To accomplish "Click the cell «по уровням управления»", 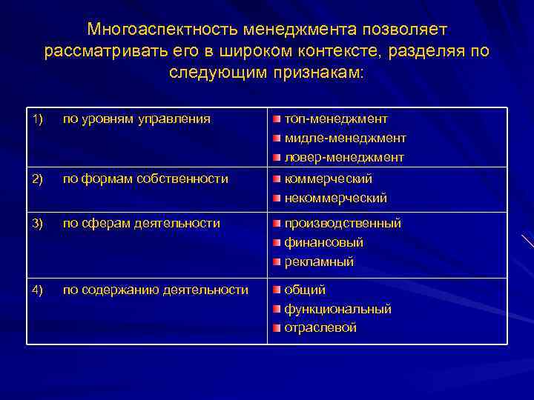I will click(136, 119).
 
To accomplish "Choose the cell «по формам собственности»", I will click(145, 179).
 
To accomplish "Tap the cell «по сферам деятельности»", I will click(141, 223).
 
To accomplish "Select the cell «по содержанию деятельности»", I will click(156, 290).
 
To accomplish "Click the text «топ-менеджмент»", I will click(336, 119).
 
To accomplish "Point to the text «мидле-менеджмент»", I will click(345, 138).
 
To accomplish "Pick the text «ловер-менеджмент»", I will click(344, 157).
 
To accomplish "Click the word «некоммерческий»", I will click(336, 198).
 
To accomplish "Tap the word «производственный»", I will click(343, 223).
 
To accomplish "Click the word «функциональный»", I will click(338, 309).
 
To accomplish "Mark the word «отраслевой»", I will click(320, 327).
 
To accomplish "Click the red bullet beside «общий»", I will click(276, 290).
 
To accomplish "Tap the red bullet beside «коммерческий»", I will click(276, 179).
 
